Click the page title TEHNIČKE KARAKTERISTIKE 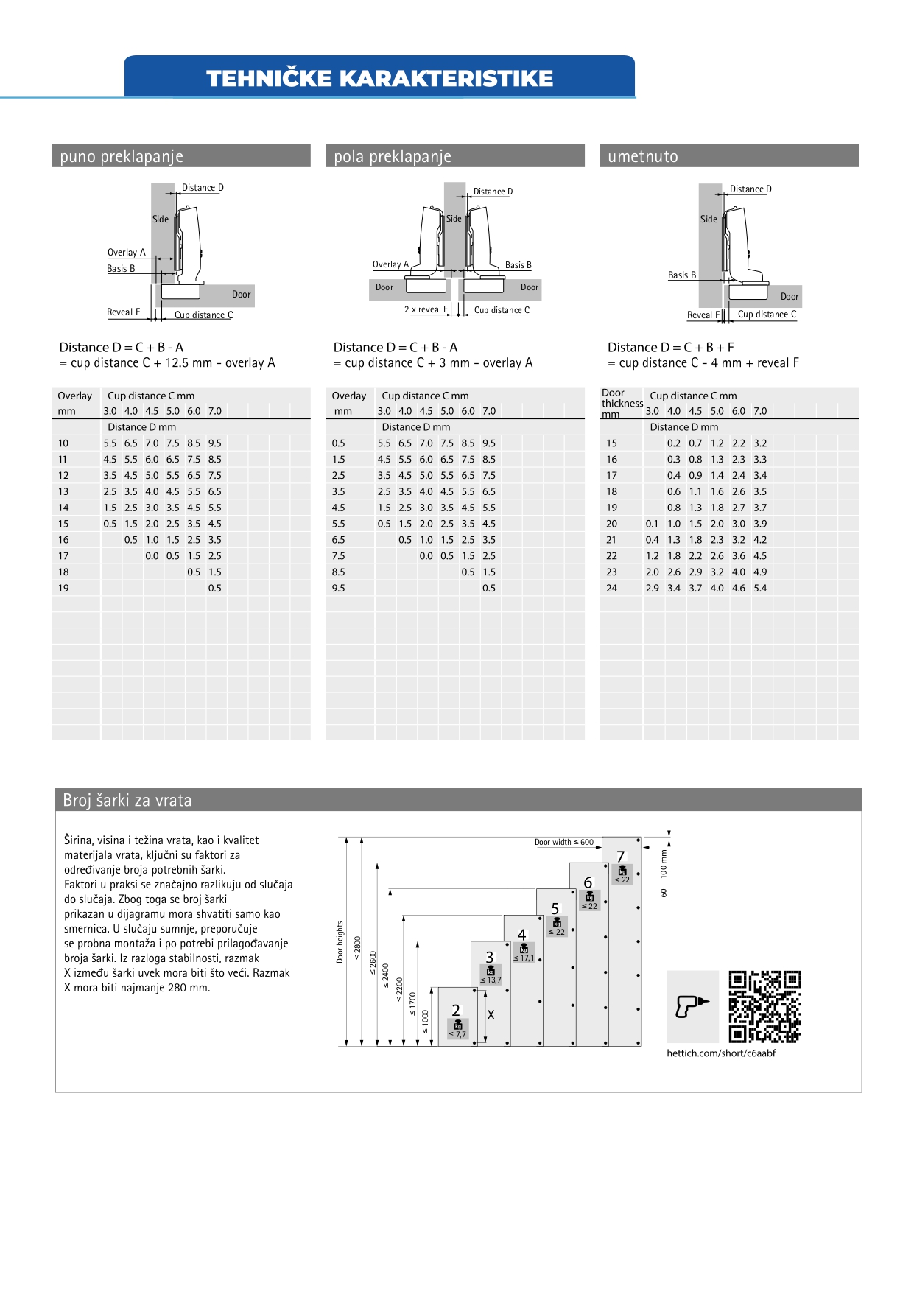379,78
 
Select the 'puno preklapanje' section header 122,156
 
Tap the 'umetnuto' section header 642,156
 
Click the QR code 764,1006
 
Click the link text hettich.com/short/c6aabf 721,1053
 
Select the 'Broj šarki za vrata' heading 127,801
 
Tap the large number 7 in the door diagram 620,856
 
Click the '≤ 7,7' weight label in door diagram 457,1034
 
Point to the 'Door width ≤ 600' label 563,842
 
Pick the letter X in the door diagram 491,1015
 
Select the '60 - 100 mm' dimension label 664,874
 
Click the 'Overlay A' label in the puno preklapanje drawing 127,253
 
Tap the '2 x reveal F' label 426,309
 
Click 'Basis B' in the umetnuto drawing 682,275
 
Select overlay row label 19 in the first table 63,589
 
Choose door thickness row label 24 611,589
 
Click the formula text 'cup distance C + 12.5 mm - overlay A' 172,363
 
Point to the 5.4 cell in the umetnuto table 760,589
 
